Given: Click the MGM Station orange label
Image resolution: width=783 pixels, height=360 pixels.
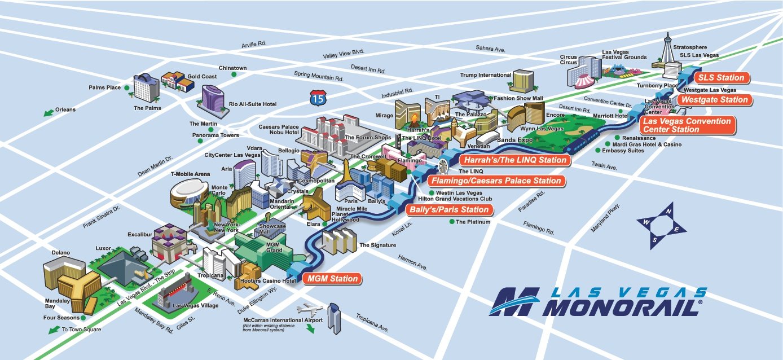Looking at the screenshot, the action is pos(332,279).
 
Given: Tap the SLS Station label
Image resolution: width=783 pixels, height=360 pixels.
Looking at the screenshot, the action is pos(721,78).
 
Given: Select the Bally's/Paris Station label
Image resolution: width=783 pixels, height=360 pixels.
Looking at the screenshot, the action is pos(449,210).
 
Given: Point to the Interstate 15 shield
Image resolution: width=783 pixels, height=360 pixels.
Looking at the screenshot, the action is pos(318,98).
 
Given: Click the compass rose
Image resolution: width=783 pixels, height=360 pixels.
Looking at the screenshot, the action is pos(661,226).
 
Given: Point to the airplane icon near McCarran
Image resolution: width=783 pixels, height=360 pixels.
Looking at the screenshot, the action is pos(310,309).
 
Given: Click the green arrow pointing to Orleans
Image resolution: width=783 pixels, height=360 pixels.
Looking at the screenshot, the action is pos(49,112).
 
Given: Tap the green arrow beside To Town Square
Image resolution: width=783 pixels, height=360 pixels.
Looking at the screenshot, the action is pos(54,330).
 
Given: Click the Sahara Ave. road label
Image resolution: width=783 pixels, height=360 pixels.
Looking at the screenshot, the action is pos(490,49).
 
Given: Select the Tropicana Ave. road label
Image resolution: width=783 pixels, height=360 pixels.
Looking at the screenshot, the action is pos(372,323).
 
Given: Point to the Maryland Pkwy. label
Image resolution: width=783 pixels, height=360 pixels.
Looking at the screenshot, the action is pos(605,218).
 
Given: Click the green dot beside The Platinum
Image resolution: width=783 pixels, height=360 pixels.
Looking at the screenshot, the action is pos(452,222).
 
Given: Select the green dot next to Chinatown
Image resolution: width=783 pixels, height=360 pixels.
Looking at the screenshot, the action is pos(234,74).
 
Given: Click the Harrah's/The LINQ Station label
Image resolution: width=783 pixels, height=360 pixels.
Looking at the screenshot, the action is pos(515,160).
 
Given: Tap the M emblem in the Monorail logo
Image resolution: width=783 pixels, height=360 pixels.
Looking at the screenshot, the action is pos(514,302).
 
